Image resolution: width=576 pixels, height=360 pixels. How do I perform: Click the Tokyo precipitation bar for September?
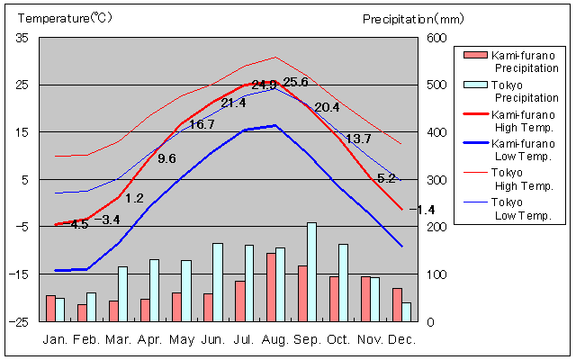311,271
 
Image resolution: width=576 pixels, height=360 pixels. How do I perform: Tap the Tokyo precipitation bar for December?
406,311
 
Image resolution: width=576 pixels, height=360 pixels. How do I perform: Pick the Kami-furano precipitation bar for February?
82,312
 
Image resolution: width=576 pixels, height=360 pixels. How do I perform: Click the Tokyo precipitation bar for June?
217,282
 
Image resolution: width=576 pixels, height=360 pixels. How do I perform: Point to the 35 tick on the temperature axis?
22,38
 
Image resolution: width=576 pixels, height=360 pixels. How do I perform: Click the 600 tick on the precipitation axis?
436,38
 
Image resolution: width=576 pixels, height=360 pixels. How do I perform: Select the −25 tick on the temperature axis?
20,321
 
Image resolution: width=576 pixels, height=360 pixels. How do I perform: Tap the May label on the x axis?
182,339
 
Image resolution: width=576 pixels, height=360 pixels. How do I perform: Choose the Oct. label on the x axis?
338,339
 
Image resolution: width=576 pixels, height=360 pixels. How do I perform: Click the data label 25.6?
295,83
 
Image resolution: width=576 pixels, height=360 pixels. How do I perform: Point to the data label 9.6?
166,158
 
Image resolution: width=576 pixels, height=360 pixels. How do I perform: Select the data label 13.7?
358,139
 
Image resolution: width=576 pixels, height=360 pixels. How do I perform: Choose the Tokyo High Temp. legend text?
523,179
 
